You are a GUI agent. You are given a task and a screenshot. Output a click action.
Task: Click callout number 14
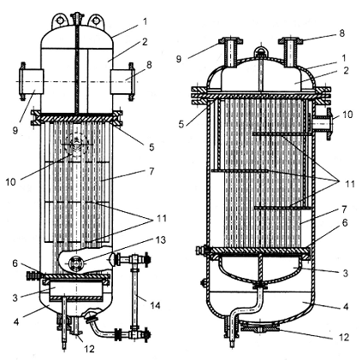156,305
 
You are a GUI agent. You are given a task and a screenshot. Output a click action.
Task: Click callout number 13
160,240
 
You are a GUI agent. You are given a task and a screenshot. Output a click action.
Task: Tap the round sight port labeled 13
76,263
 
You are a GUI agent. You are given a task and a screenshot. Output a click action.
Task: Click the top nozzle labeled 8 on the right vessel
291,53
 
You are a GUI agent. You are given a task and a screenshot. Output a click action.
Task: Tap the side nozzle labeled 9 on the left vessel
31,81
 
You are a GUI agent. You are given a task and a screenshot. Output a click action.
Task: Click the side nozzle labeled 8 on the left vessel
122,81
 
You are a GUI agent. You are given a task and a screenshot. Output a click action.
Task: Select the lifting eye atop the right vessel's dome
260,52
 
